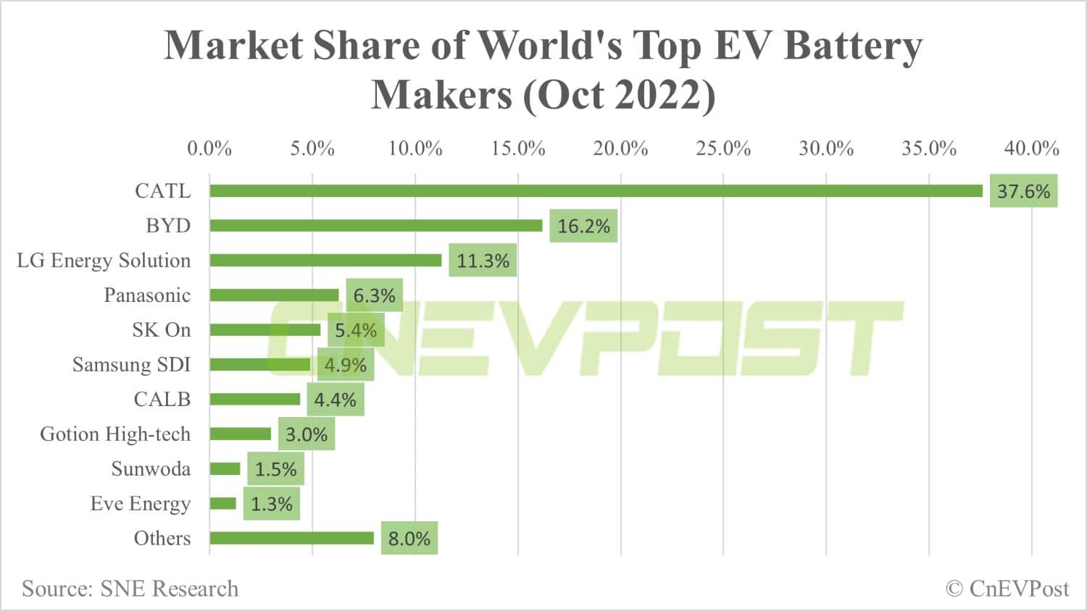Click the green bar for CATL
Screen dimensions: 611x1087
pyautogui.click(x=596, y=191)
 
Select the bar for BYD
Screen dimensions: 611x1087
pyautogui.click(x=376, y=226)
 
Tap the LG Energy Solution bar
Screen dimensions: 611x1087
pyautogui.click(x=325, y=261)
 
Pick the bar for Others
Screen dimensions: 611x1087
pyautogui.click(x=291, y=538)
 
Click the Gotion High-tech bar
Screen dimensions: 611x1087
pyautogui.click(x=241, y=434)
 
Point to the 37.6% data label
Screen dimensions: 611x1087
pyautogui.click(x=1023, y=191)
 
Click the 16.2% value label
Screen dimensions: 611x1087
pyautogui.click(x=583, y=226)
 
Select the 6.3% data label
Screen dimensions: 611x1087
pyautogui.click(x=374, y=295)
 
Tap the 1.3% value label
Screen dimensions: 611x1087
pyautogui.click(x=271, y=504)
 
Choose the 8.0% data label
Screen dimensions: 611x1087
pyautogui.click(x=409, y=539)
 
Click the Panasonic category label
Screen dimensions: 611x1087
pyautogui.click(x=147, y=295)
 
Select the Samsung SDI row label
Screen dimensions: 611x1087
pyautogui.click(x=131, y=364)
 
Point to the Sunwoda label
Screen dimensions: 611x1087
pyautogui.click(x=151, y=469)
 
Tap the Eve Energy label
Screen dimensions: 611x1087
pyautogui.click(x=141, y=504)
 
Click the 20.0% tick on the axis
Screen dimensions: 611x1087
pyautogui.click(x=620, y=148)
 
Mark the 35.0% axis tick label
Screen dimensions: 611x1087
pyautogui.click(x=928, y=148)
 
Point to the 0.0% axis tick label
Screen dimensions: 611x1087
pyautogui.click(x=209, y=148)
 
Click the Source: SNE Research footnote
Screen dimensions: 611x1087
pyautogui.click(x=130, y=589)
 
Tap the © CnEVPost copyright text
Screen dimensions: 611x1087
pyautogui.click(x=1007, y=589)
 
